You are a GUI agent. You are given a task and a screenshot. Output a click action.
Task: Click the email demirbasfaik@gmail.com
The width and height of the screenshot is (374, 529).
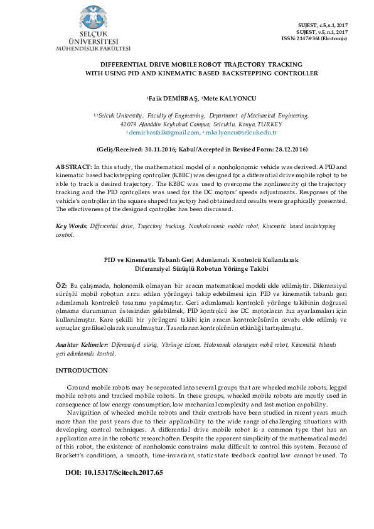coord(164,133)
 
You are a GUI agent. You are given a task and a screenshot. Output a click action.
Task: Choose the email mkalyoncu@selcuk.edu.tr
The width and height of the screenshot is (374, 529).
coord(241,133)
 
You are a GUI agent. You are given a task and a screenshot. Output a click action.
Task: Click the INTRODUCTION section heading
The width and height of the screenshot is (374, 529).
coord(82,371)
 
